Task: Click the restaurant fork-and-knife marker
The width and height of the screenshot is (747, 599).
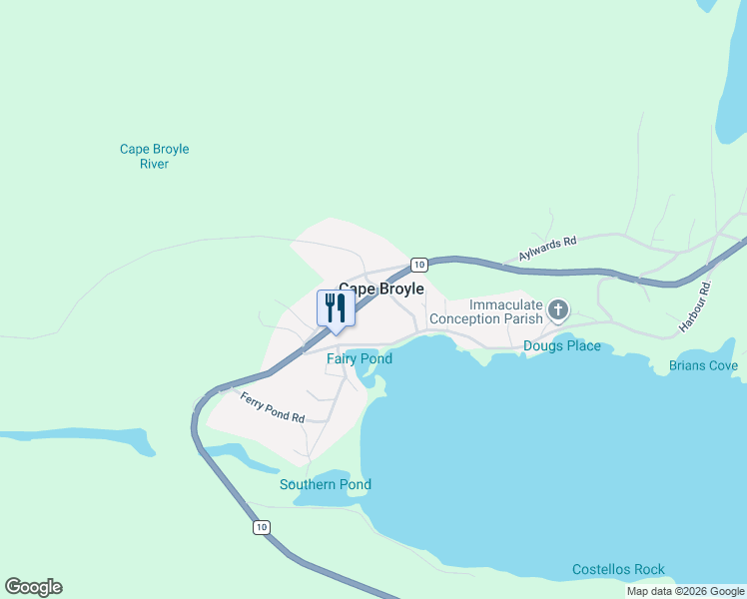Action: [335, 307]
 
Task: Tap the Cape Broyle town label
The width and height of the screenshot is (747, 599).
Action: [380, 289]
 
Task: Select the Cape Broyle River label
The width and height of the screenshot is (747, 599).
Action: [154, 157]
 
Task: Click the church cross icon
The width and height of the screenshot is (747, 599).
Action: [558, 311]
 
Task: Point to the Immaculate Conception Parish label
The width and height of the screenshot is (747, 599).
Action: [485, 311]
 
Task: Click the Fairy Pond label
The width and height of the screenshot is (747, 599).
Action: [359, 358]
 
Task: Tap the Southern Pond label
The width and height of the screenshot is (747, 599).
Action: [325, 485]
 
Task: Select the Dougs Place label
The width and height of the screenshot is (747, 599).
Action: [562, 346]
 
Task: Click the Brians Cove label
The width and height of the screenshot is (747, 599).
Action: [703, 366]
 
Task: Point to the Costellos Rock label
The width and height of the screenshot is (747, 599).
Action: [618, 570]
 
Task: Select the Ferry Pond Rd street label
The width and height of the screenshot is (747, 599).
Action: [272, 408]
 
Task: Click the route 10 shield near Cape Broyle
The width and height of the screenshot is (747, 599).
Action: [418, 265]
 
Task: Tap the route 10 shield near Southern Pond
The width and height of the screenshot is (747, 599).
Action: [261, 527]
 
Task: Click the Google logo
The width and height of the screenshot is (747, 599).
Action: [33, 587]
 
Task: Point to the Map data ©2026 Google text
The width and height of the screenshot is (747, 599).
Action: [685, 591]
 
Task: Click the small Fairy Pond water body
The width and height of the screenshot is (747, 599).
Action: [365, 376]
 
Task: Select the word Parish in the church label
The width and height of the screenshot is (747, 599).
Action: [519, 318]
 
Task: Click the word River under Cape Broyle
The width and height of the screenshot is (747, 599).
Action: [154, 164]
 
